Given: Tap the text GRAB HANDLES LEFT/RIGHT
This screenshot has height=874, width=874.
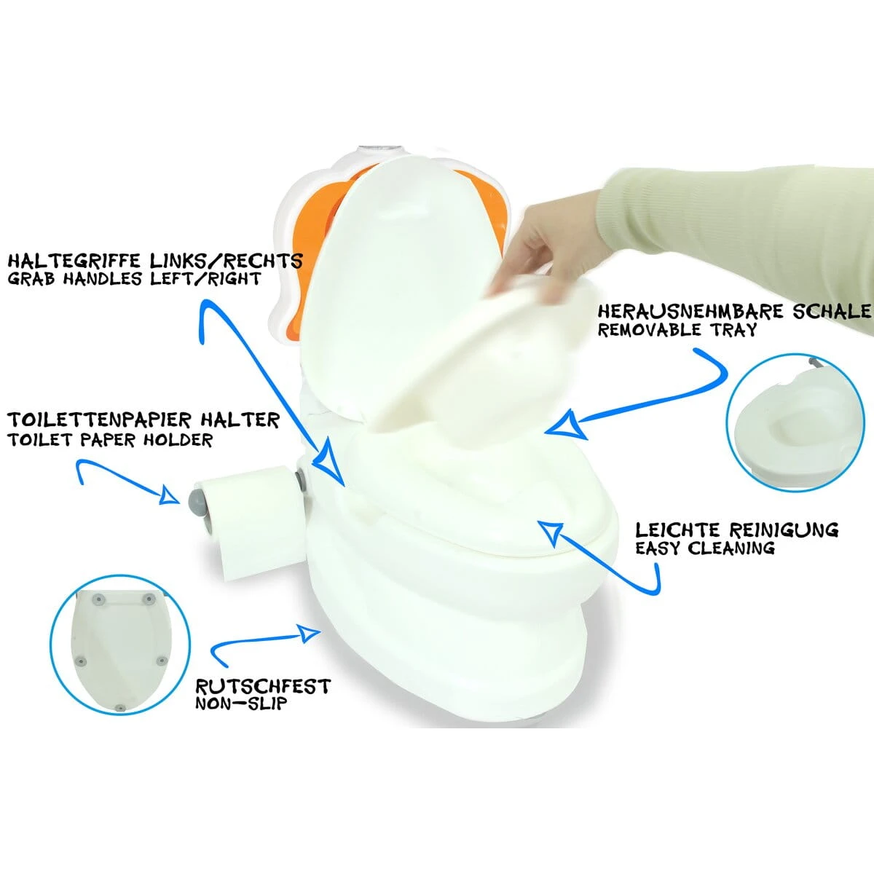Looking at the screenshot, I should [134, 279].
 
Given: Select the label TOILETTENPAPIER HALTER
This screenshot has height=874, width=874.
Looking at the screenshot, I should [143, 420].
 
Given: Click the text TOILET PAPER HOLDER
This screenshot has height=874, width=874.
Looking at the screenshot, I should [110, 440].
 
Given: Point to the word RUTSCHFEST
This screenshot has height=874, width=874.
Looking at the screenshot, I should [263, 687].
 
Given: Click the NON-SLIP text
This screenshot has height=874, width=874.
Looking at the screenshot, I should [240, 704].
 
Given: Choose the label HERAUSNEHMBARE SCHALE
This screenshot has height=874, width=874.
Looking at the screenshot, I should [734, 312].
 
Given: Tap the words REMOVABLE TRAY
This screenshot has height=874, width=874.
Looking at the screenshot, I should [677, 330].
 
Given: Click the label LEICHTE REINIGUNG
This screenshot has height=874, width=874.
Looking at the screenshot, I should [736, 529].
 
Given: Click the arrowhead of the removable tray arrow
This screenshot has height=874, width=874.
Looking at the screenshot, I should [565, 425].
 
